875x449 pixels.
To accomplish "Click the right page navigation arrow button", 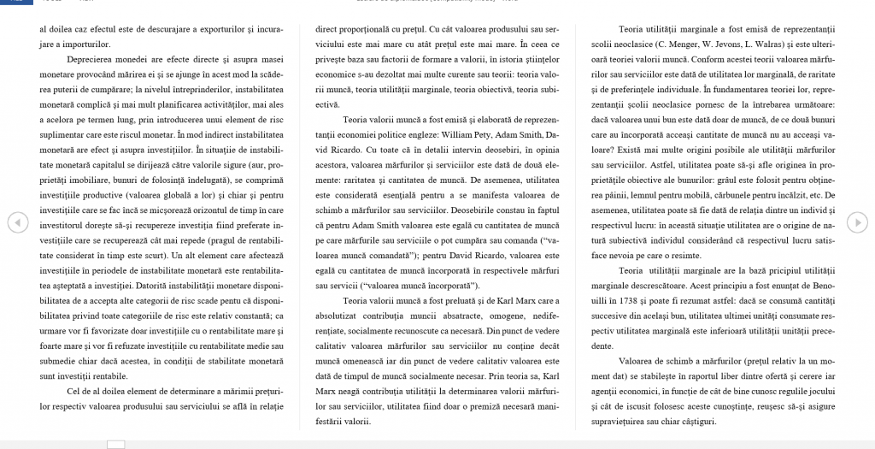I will click(x=856, y=222).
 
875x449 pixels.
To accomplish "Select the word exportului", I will click(x=199, y=28).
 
